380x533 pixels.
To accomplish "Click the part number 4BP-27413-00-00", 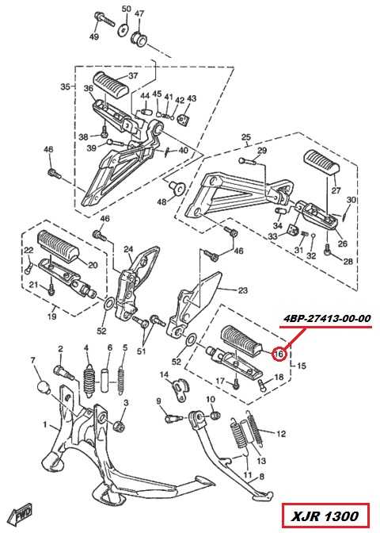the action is click(x=327, y=319).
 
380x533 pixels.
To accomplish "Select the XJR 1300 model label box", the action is click(x=325, y=516).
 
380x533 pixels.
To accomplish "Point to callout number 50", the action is click(x=126, y=10).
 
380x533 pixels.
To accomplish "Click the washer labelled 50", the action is click(x=123, y=30).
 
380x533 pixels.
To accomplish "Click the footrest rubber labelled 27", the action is click(x=322, y=162).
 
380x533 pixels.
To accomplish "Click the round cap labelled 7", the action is click(x=44, y=389).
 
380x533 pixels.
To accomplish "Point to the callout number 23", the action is click(x=242, y=290).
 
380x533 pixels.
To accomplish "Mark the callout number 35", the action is click(x=66, y=86).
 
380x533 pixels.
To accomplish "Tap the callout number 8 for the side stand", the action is click(x=261, y=477).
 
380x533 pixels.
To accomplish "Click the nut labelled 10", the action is click(x=214, y=416).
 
